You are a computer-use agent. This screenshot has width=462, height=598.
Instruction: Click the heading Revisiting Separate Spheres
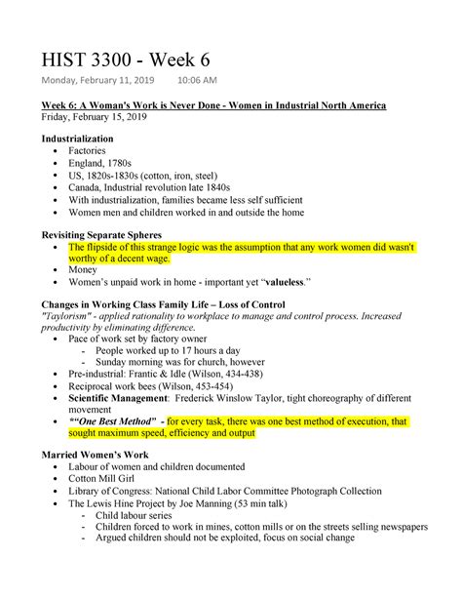pyautogui.click(x=101, y=235)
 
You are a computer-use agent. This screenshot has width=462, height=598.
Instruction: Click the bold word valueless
pyautogui.click(x=278, y=283)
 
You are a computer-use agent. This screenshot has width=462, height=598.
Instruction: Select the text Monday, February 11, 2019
pyautogui.click(x=95, y=81)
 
